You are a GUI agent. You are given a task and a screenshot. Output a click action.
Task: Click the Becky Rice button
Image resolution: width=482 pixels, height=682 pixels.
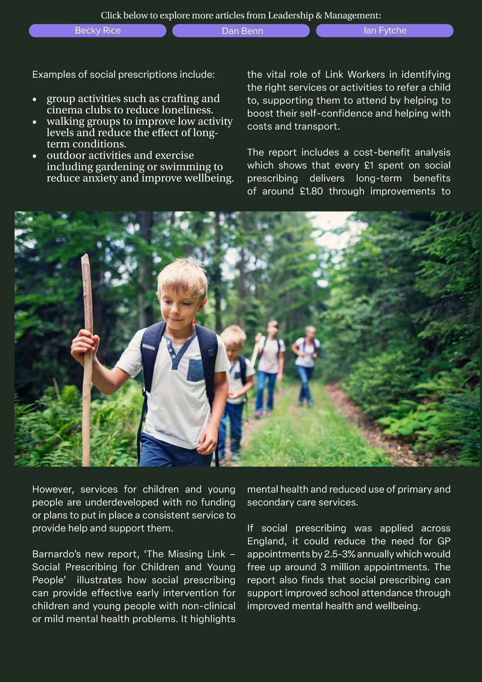[x=98, y=31]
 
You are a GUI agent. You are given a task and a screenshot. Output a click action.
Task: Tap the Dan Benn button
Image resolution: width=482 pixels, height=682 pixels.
[x=241, y=31]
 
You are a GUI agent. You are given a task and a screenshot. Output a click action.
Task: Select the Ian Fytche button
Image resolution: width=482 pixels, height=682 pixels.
[x=385, y=31]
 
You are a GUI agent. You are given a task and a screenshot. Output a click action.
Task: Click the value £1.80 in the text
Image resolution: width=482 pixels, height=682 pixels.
[x=311, y=191]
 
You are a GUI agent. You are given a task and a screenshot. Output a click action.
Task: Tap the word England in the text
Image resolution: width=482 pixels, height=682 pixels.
[x=266, y=541]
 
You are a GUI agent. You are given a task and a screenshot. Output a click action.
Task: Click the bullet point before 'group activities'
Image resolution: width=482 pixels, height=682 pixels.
[x=35, y=99]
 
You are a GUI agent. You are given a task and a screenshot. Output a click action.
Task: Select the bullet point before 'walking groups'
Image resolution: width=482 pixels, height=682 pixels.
[x=35, y=122]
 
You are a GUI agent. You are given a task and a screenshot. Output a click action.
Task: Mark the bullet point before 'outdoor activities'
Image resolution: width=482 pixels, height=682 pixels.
[x=35, y=156]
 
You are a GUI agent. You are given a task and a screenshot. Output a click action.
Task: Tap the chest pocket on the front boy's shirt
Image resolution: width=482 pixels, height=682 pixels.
[x=195, y=370]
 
